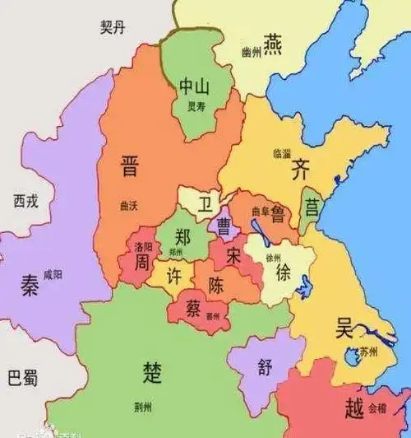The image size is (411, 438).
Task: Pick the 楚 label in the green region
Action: (153, 368)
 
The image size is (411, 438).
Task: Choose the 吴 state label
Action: (343, 327)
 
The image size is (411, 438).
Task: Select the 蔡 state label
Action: (193, 306)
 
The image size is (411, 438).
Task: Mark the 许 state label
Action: (173, 274)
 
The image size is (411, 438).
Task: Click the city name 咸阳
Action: (53, 274)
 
